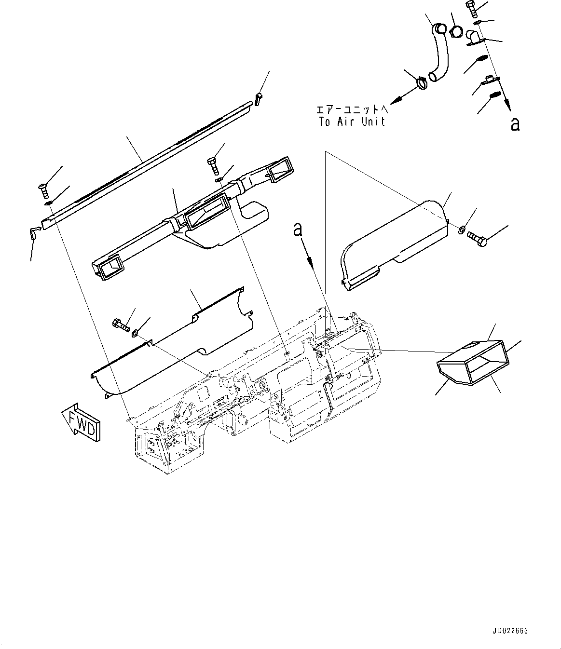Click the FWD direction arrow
(x=81, y=421)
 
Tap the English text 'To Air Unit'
(x=352, y=122)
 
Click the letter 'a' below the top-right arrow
(x=515, y=124)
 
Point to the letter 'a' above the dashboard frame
(x=299, y=230)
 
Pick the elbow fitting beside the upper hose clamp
(x=474, y=38)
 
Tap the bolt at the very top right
(x=471, y=9)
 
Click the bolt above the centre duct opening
(x=212, y=165)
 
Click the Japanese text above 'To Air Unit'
(x=352, y=109)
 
